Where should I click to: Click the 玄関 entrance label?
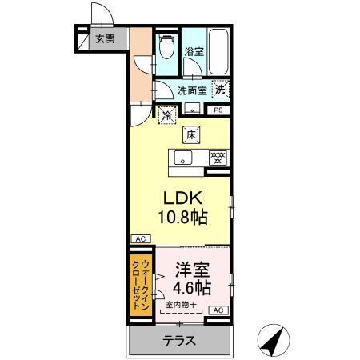click(104, 38)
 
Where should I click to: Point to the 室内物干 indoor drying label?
click(182, 303)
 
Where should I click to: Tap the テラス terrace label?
click(180, 340)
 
